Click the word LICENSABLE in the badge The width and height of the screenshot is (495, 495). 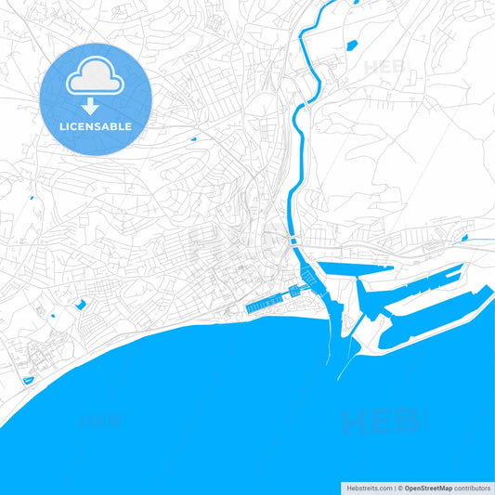[96, 125]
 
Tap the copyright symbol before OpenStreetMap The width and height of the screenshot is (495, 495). [399, 488]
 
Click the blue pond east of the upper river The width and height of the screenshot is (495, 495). [352, 45]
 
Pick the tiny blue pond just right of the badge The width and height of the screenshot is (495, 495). [192, 139]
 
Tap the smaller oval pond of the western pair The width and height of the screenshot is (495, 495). [53, 316]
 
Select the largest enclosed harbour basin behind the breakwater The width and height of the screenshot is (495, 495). [436, 316]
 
